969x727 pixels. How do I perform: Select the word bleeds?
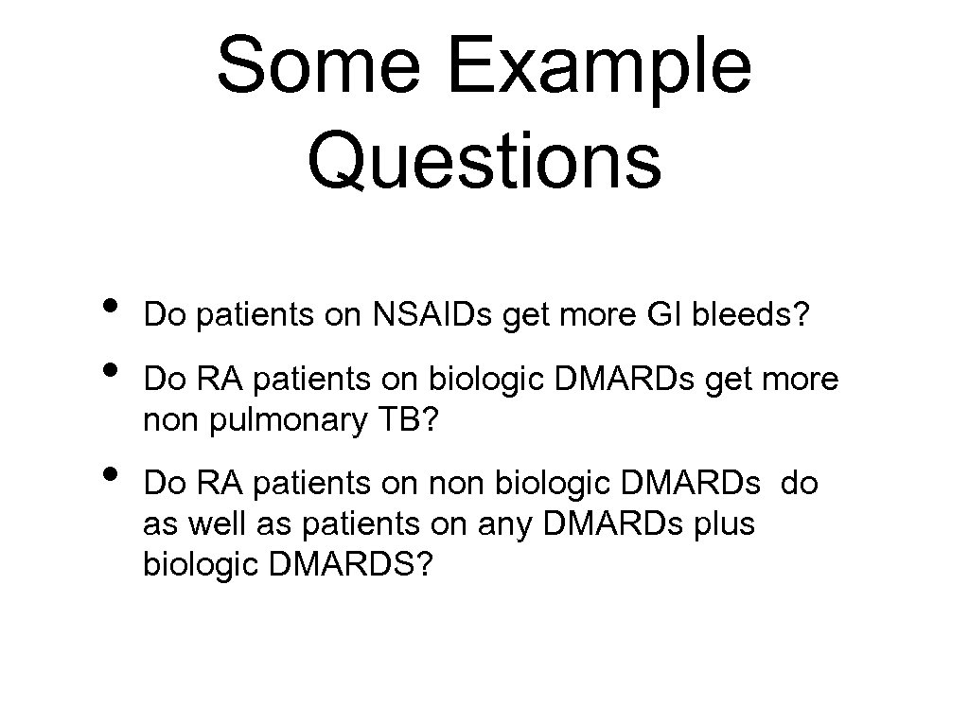(751, 313)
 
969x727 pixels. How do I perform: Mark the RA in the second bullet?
(218, 379)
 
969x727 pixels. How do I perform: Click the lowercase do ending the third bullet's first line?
(800, 484)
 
